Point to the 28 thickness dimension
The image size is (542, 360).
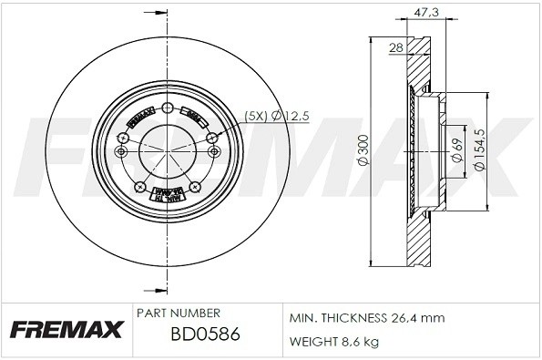395,47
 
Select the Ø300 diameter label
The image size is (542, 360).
362,150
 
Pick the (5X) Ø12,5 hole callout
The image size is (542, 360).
278,115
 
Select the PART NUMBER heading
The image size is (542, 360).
178,313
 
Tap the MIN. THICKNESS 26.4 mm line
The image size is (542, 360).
366,318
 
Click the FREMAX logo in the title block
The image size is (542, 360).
66,328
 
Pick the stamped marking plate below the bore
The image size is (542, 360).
167,193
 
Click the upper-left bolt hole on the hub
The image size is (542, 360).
123,138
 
